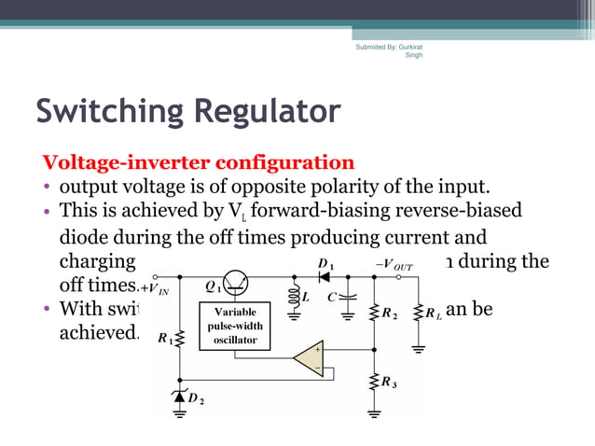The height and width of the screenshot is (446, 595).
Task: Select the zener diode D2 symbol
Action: (x=179, y=397)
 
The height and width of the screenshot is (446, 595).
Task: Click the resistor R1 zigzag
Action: (x=179, y=341)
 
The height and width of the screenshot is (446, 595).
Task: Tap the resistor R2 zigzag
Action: (x=374, y=313)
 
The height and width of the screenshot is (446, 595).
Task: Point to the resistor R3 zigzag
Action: (x=374, y=381)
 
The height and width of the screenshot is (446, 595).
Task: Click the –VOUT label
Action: (x=394, y=265)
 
